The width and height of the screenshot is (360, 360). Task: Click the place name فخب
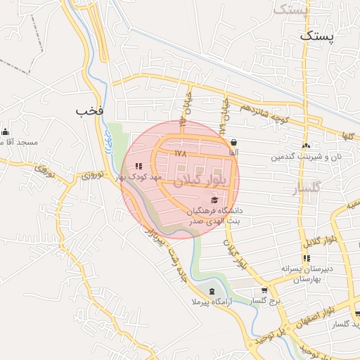point(91,110)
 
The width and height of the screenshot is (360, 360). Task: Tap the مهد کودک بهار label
point(141,177)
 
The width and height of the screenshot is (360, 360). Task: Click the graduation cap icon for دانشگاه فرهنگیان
point(214,200)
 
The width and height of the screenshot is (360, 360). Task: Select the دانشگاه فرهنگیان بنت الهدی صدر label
point(214,215)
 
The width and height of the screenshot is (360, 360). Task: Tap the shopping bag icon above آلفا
point(233,142)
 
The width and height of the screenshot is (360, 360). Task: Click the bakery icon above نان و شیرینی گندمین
point(306,146)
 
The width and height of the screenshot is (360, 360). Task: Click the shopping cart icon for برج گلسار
point(264,290)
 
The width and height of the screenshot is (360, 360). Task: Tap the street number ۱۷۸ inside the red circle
point(181,152)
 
